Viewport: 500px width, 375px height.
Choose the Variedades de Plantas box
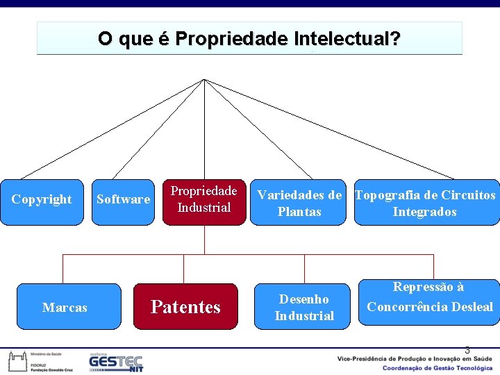click(x=299, y=203)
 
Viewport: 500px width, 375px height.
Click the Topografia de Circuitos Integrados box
click(x=426, y=203)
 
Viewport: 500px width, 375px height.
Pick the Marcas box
click(x=65, y=307)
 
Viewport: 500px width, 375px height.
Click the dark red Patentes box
click(x=185, y=307)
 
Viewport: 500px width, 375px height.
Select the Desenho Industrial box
click(x=304, y=307)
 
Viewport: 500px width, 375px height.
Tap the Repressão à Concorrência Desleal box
click(x=429, y=301)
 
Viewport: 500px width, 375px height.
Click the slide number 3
click(x=467, y=350)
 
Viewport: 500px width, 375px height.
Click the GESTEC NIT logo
click(x=115, y=362)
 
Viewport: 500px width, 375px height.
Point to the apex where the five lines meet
click(x=204, y=79)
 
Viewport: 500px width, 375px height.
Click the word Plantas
click(x=299, y=212)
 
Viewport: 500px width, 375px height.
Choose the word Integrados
click(x=424, y=212)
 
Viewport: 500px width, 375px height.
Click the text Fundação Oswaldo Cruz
click(x=51, y=370)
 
